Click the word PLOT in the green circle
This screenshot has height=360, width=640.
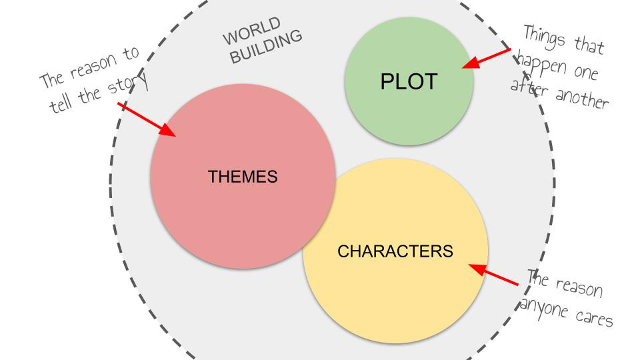tap(409, 81)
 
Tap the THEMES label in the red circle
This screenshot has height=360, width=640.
tap(243, 177)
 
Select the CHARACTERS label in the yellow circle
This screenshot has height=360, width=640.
tap(395, 251)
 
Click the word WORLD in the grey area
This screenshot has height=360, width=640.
tap(248, 38)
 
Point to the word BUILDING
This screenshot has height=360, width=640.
tap(265, 47)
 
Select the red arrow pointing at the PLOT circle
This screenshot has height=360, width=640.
tap(486, 58)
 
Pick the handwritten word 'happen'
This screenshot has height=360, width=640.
tap(533, 65)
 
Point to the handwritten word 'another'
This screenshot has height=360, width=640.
tap(579, 100)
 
